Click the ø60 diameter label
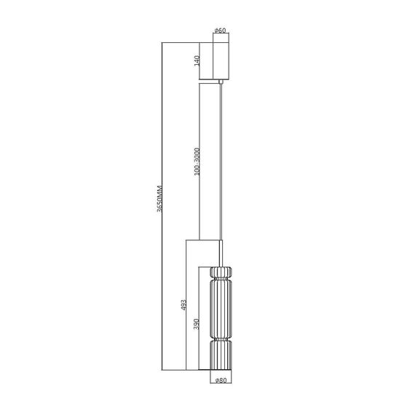coord(221,30)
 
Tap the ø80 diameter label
coord(221,379)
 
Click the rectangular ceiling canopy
coord(221,60)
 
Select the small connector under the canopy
coord(221,83)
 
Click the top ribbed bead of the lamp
coord(221,273)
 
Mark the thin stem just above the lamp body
coord(221,255)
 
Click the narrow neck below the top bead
coord(221,282)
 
